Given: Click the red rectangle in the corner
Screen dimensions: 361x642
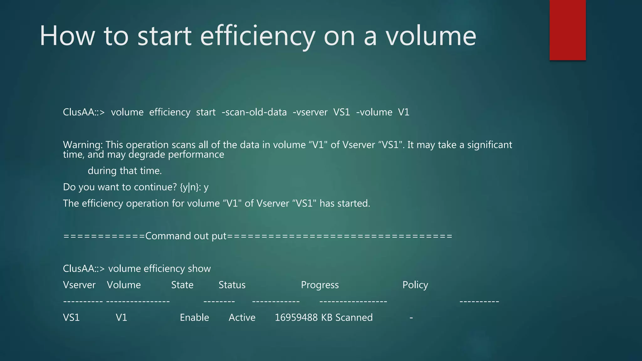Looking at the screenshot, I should pyautogui.click(x=567, y=30).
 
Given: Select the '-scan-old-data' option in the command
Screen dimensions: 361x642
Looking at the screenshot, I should pyautogui.click(x=254, y=112).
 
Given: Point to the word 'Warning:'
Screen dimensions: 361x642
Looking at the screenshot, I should pyautogui.click(x=83, y=145).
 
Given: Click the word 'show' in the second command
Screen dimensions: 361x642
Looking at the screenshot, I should pyautogui.click(x=199, y=269).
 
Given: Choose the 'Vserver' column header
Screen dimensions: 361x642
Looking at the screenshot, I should pyautogui.click(x=79, y=285).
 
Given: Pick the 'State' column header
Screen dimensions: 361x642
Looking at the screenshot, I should pyautogui.click(x=182, y=285).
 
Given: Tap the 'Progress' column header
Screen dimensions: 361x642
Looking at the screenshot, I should pyautogui.click(x=320, y=285).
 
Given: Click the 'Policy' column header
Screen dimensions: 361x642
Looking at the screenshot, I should pyautogui.click(x=415, y=285).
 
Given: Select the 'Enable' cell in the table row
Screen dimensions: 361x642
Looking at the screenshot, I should pyautogui.click(x=194, y=317).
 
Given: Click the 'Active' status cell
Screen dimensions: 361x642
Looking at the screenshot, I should pyautogui.click(x=242, y=317).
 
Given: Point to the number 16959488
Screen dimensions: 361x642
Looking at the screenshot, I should pyautogui.click(x=296, y=317).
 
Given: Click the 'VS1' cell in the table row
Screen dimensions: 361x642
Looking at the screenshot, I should pyautogui.click(x=71, y=317).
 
